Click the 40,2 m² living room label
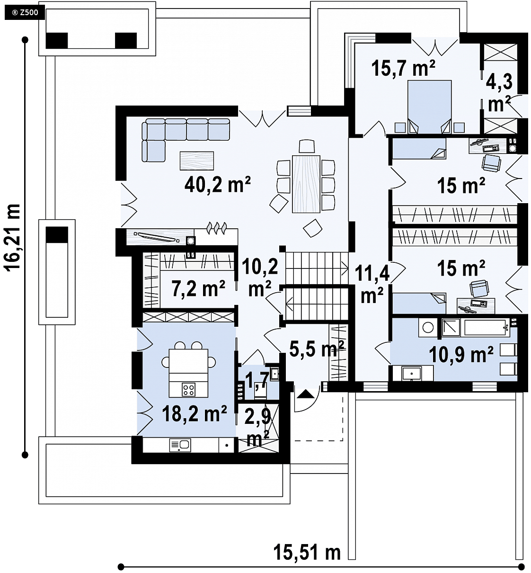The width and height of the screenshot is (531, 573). click(218, 184)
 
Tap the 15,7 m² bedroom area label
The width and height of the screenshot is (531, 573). click(403, 68)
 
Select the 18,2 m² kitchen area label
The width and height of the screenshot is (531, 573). click(195, 413)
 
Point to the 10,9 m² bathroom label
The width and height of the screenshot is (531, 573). click(461, 355)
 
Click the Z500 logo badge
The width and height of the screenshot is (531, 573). click(25, 13)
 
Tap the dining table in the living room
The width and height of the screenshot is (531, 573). click(306, 184)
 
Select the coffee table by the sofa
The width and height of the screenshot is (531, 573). click(197, 161)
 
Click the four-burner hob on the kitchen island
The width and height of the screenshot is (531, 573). click(189, 390)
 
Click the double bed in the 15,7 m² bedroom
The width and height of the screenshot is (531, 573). click(429, 107)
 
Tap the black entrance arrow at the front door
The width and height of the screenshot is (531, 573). click(306, 394)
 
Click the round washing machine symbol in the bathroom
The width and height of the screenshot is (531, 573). click(428, 328)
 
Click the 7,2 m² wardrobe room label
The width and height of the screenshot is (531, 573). click(198, 288)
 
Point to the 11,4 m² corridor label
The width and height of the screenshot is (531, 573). click(372, 284)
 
